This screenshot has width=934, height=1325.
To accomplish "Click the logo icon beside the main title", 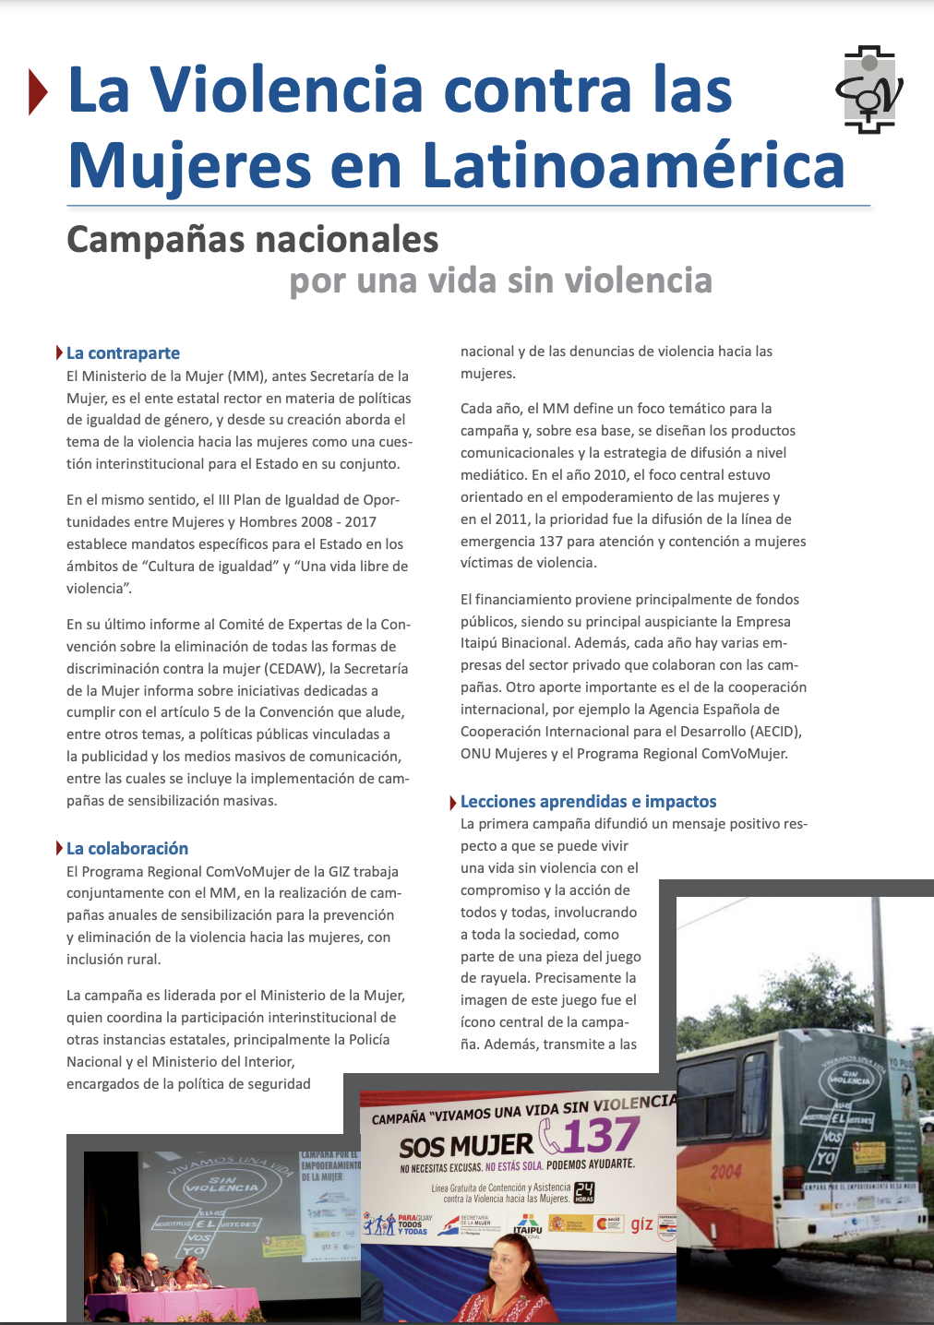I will pyautogui.click(x=868, y=90).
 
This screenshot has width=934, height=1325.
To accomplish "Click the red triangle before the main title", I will pyautogui.click(x=37, y=91).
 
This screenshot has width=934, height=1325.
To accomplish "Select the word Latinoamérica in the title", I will pyautogui.click(x=633, y=166).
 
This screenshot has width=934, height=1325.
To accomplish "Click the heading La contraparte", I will pyautogui.click(x=123, y=353).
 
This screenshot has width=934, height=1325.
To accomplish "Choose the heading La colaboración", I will pyautogui.click(x=127, y=849).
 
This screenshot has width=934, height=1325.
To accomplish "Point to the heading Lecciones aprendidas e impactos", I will pyautogui.click(x=588, y=802).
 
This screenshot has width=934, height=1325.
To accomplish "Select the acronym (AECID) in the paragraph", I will pyautogui.click(x=771, y=732).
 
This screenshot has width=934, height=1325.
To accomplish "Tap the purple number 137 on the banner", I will pyautogui.click(x=601, y=1136).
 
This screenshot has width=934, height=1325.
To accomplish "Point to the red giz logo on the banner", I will pyautogui.click(x=642, y=1224).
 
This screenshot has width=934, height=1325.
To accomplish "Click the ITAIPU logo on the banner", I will pyautogui.click(x=528, y=1227).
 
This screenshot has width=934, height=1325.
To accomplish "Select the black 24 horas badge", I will pyautogui.click(x=584, y=1192).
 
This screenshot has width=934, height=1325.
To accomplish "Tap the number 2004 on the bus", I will pyautogui.click(x=725, y=1172).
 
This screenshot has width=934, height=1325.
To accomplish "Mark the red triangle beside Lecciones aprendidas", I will pyautogui.click(x=453, y=803).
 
